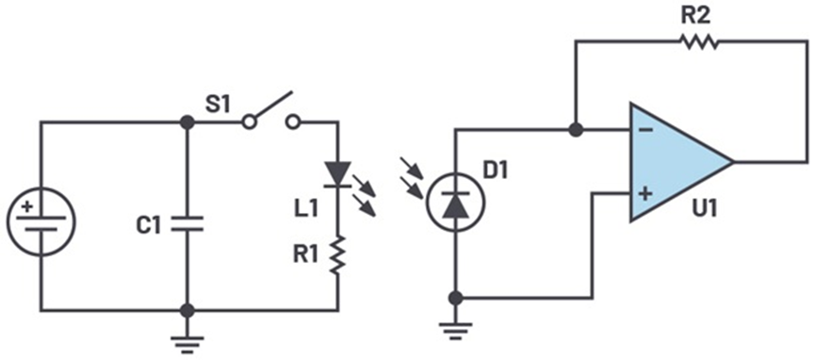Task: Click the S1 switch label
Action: click(x=218, y=105)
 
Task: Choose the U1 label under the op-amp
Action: click(x=701, y=208)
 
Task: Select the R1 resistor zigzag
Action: click(x=337, y=253)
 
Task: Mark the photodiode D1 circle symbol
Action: click(x=456, y=200)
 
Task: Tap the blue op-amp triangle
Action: click(x=674, y=161)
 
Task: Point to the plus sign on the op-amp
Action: click(x=645, y=194)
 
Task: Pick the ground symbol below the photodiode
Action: click(x=456, y=330)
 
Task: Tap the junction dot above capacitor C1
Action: click(x=187, y=122)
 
